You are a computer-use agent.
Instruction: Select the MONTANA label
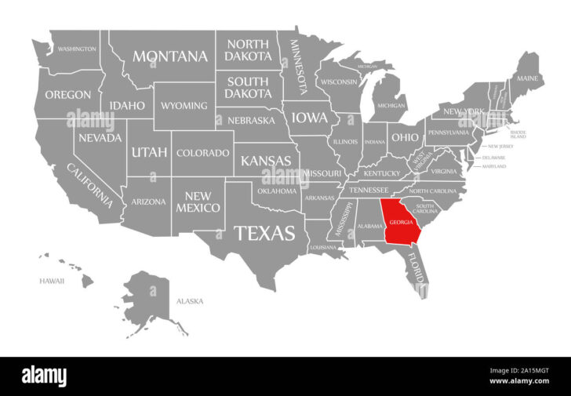point(170,56)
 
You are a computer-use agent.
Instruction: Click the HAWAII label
point(52,281)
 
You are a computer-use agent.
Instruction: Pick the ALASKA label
point(190,300)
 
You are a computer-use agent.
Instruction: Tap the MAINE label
point(526,78)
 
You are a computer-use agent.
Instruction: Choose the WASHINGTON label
point(77,49)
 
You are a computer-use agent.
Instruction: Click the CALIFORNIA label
point(89,185)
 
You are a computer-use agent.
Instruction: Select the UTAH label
point(149,151)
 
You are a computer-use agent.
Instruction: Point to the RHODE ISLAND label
point(518,135)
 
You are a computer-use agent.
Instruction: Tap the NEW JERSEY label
point(500,147)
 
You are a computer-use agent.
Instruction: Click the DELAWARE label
point(493,157)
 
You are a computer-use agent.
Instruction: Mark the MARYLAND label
point(493,166)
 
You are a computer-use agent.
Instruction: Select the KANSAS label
point(265,161)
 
